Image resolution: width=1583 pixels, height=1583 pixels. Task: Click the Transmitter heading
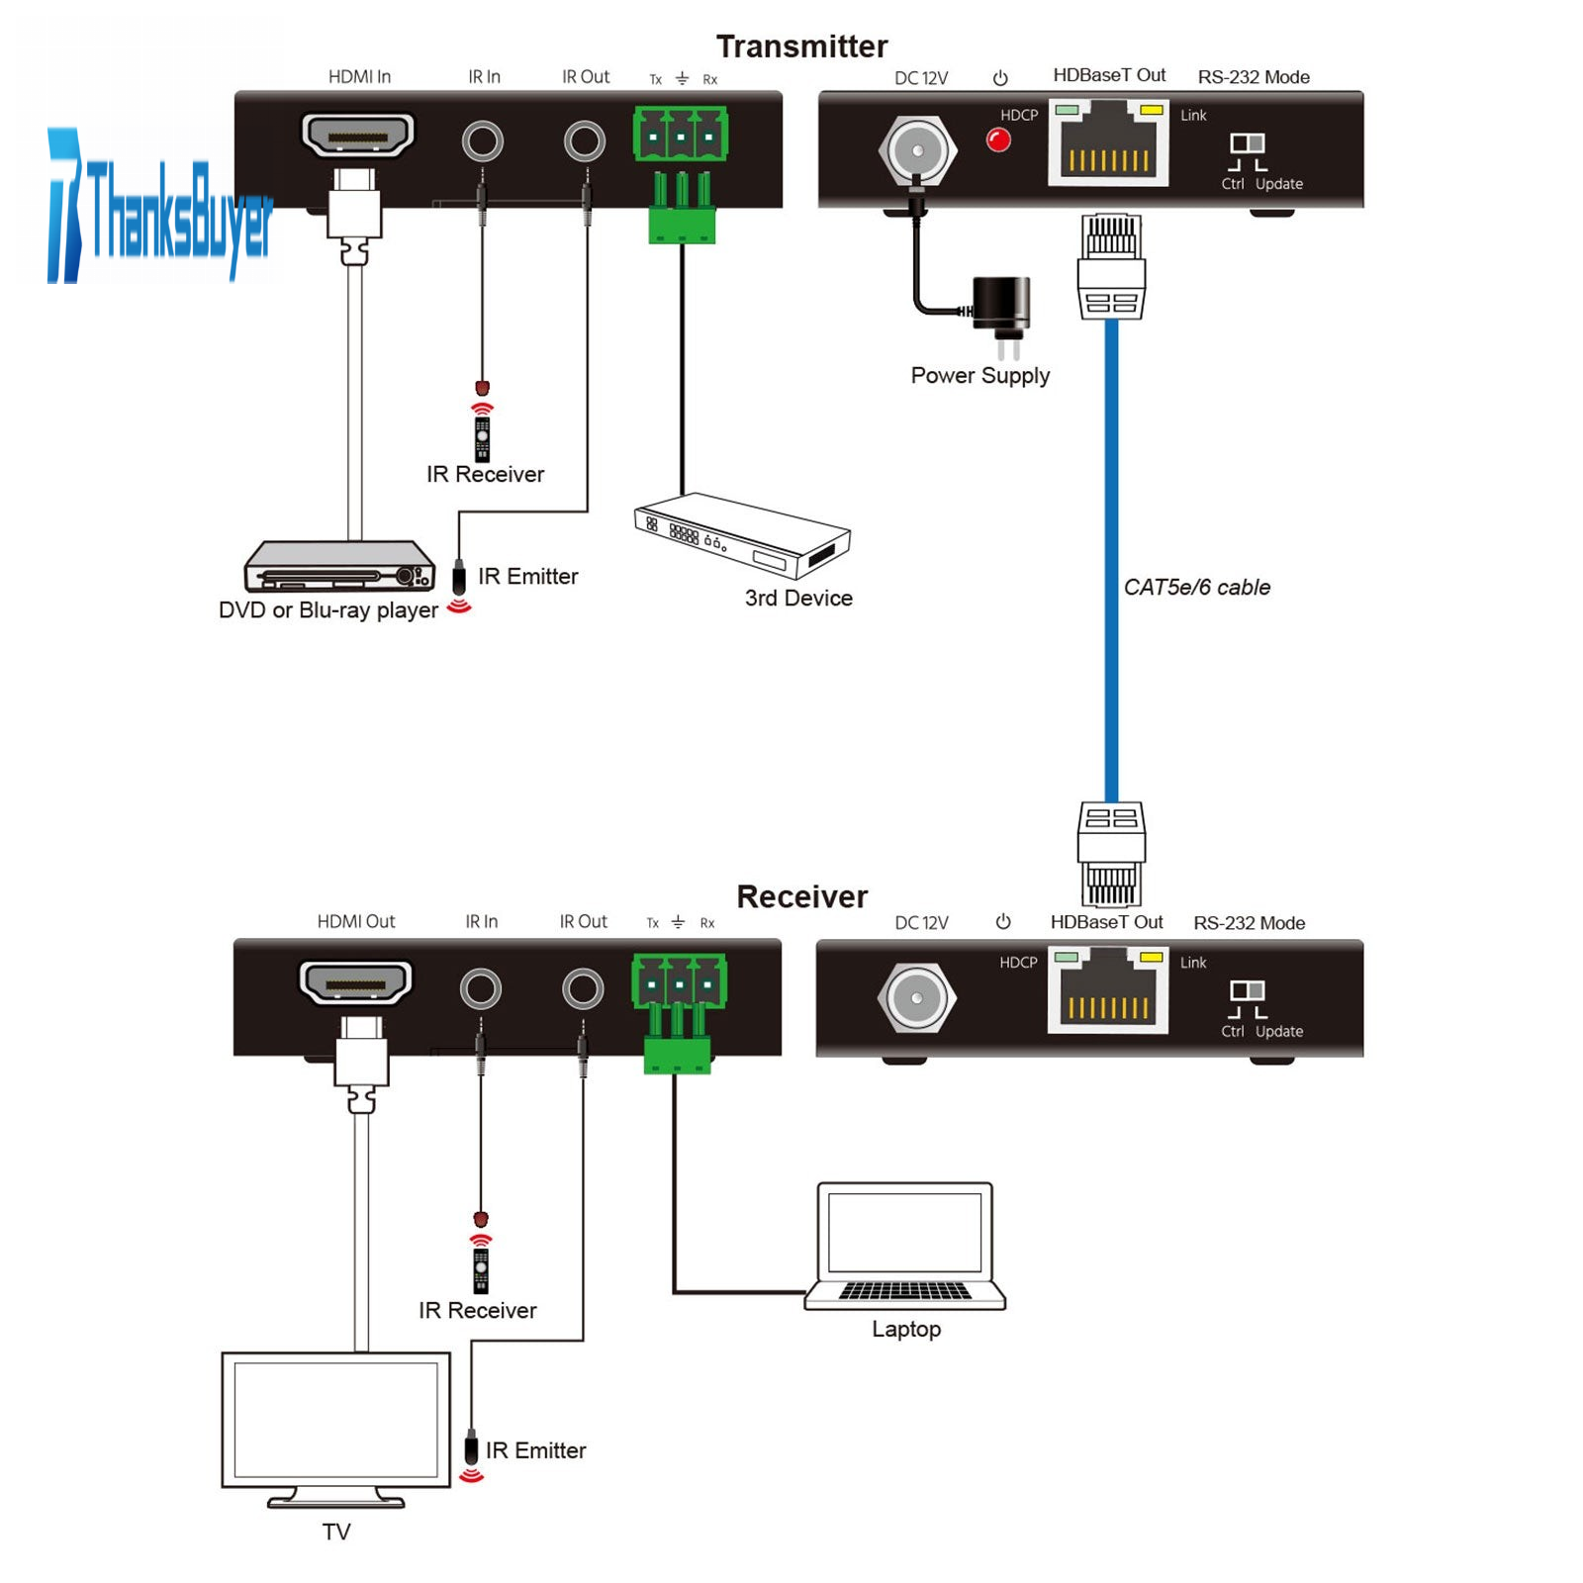[801, 47]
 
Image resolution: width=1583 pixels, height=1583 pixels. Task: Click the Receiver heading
[801, 896]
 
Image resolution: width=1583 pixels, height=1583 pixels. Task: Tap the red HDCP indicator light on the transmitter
[998, 140]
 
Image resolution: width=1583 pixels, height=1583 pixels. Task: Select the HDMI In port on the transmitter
[357, 136]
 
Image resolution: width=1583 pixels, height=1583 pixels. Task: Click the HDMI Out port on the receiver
[355, 982]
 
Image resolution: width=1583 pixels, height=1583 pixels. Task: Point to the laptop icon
[905, 1247]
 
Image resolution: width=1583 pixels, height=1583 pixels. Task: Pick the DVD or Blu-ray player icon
[339, 566]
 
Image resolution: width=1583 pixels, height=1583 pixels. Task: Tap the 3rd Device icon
[742, 534]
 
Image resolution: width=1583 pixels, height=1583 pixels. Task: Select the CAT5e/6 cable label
[1196, 588]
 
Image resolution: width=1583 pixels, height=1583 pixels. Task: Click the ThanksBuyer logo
[158, 208]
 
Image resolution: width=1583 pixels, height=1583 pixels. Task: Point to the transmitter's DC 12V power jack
[917, 151]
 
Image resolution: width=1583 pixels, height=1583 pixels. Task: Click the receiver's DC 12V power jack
[916, 997]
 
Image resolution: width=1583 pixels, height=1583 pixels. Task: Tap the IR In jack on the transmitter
[483, 141]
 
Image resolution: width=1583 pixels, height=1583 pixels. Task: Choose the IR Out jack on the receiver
[583, 988]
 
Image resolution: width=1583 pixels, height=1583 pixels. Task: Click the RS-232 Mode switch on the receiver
[1247, 990]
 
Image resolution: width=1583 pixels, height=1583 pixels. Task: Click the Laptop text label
[905, 1329]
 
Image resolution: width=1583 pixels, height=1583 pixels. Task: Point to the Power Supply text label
[979, 376]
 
